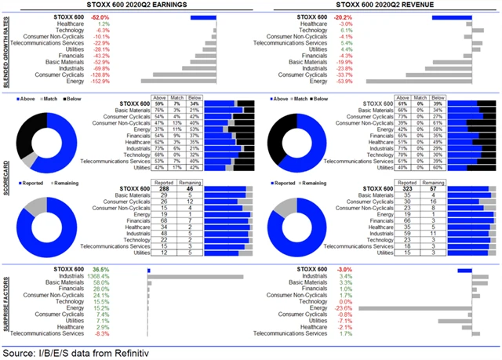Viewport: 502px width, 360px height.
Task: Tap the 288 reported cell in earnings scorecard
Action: point(166,189)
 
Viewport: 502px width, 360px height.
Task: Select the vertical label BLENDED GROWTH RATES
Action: point(6,48)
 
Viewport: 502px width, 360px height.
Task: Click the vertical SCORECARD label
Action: point(6,180)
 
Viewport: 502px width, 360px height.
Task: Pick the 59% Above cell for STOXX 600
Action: point(160,104)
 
